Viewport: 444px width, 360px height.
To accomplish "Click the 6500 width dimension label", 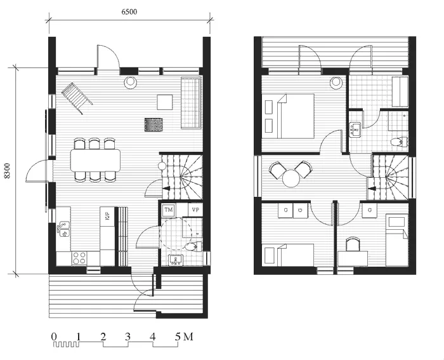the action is pyautogui.click(x=129, y=12).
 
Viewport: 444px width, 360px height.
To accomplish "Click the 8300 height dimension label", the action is pyautogui.click(x=7, y=171).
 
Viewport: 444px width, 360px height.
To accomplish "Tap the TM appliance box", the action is pyautogui.click(x=169, y=210).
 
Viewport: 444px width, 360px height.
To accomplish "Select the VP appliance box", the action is pyautogui.click(x=195, y=210).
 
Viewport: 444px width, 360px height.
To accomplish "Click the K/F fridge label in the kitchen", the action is pyautogui.click(x=108, y=216).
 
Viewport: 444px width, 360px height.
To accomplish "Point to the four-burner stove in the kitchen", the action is pyautogui.click(x=79, y=258).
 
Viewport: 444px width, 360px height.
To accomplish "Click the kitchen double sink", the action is pyautogui.click(x=63, y=229).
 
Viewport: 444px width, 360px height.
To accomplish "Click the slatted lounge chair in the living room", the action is pyautogui.click(x=77, y=98).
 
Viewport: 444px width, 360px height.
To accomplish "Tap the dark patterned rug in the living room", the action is pyautogui.click(x=154, y=125).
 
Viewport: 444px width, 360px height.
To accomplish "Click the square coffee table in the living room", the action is pyautogui.click(x=165, y=102).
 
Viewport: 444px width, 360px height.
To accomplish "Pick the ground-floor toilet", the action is pyautogui.click(x=193, y=246).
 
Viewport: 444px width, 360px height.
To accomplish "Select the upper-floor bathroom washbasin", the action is pyautogui.click(x=355, y=130).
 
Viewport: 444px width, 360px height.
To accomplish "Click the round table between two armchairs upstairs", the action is pyautogui.click(x=291, y=178).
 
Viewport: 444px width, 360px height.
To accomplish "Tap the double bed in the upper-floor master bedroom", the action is pyautogui.click(x=296, y=116).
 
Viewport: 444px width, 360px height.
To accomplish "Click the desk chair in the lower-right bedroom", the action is pyautogui.click(x=353, y=244).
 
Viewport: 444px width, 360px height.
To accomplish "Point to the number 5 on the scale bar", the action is pyautogui.click(x=178, y=337).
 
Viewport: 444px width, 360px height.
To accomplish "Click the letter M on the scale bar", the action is pyautogui.click(x=188, y=337).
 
